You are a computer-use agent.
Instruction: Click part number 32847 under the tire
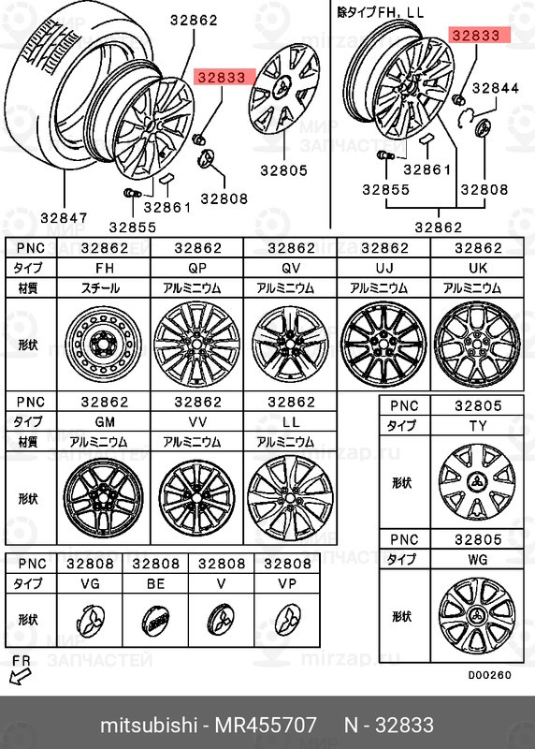(x=64, y=218)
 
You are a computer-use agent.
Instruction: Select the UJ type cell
(x=383, y=267)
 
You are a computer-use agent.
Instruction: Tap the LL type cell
(x=290, y=422)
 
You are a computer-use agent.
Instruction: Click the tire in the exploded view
(x=56, y=103)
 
